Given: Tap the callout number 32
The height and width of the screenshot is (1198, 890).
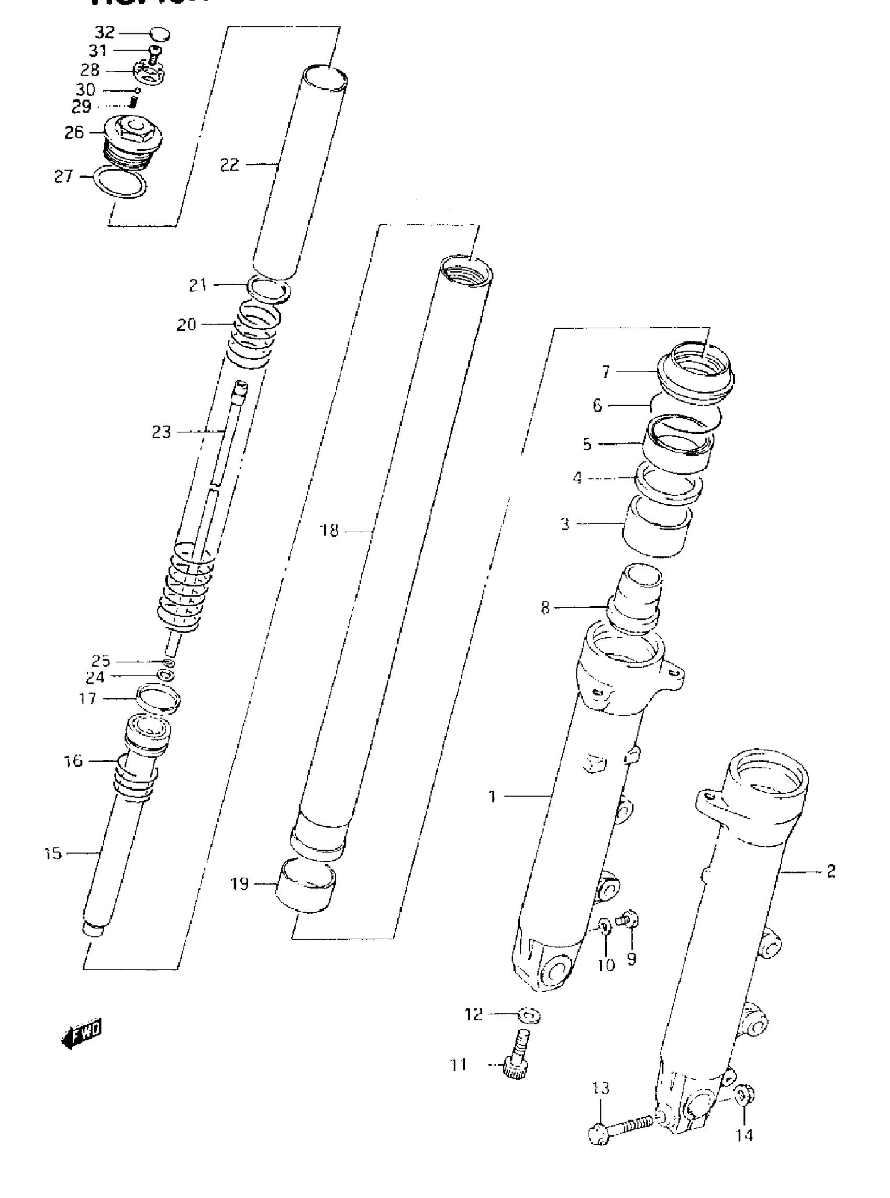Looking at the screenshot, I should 105,33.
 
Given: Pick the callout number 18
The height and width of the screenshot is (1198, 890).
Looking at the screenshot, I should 329,530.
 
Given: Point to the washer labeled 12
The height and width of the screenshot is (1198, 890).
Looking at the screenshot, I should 529,1016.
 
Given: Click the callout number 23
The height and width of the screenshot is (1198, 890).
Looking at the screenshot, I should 161,432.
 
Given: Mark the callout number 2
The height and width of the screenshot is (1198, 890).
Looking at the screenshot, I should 831,871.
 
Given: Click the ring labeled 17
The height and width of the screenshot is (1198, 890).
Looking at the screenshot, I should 158,699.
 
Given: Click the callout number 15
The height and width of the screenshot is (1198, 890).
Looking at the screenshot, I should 53,853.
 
